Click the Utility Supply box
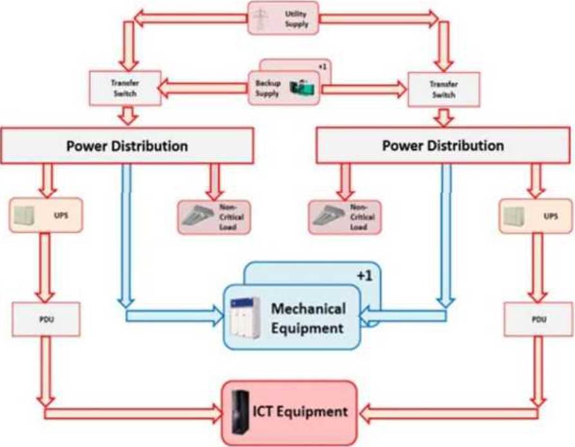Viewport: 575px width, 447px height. pos(284,17)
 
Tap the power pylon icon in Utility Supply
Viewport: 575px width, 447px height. pos(262,17)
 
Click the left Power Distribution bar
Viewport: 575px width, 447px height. pos(127,145)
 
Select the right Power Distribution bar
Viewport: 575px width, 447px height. pos(443,145)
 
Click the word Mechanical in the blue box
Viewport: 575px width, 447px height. pos(308,308)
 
